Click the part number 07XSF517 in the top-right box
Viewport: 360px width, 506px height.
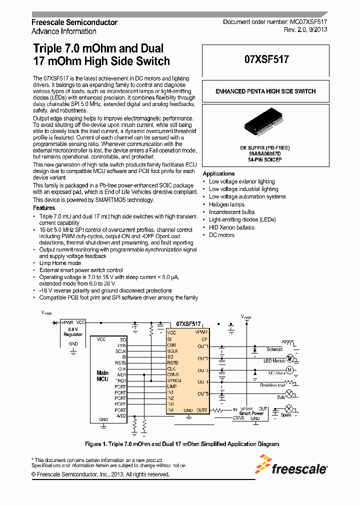[266, 59]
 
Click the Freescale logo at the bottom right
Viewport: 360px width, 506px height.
[292, 464]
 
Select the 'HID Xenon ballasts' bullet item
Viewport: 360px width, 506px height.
[231, 227]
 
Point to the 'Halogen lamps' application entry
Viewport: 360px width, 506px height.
[226, 204]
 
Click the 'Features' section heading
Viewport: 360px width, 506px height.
[44, 208]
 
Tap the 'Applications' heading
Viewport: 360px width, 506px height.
[218, 173]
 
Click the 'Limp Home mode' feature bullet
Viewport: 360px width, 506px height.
[60, 263]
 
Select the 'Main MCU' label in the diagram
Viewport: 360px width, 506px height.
[102, 376]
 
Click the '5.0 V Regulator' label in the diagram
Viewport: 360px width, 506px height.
[73, 332]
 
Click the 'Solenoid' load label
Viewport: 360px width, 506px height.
[274, 349]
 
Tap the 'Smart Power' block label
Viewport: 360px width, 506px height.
[251, 413]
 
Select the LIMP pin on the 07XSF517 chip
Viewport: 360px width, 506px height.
[171, 386]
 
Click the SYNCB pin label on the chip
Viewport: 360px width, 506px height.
[174, 380]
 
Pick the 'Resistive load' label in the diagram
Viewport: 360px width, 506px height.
[272, 385]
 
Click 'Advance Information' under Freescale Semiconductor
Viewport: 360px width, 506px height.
[64, 31]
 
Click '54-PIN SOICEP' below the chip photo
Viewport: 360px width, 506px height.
[265, 159]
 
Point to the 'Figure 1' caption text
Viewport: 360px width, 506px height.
[182, 444]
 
